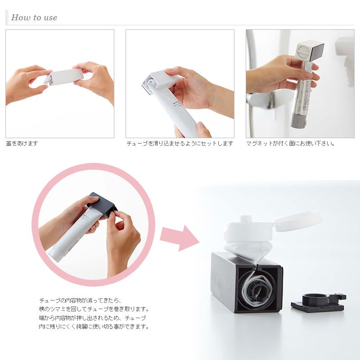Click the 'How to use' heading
tap(34, 18)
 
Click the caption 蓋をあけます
tap(22, 144)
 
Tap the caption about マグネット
tap(291, 144)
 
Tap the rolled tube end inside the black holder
tap(258, 290)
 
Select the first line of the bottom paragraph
tap(81, 300)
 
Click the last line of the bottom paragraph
tap(94, 327)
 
